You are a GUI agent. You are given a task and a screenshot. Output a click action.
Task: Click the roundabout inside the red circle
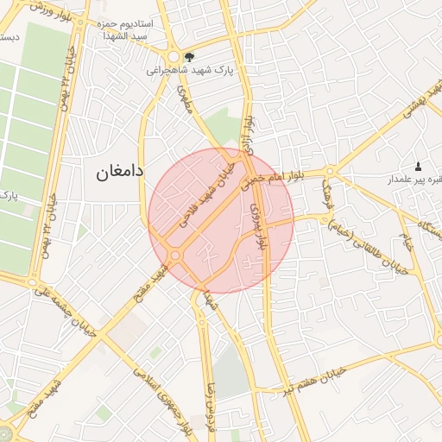pyautogui.click(x=175, y=255)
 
